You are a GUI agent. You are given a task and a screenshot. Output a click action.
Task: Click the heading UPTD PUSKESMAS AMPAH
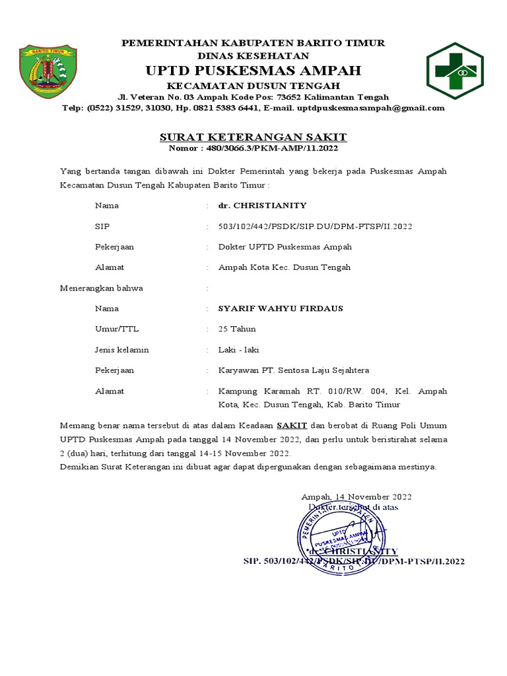pyautogui.click(x=253, y=71)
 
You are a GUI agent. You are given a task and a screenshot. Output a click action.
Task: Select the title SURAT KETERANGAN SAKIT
pyautogui.click(x=253, y=137)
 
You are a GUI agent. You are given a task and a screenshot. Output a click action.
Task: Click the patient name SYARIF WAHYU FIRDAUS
pyautogui.click(x=281, y=308)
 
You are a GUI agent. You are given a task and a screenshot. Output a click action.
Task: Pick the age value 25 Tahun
pyautogui.click(x=237, y=329)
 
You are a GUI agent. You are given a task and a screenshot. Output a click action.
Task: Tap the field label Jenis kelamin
pyautogui.click(x=121, y=349)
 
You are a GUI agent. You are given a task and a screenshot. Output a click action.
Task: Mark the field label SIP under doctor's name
pyautogui.click(x=102, y=226)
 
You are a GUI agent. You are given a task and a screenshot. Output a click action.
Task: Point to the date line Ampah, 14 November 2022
pyautogui.click(x=356, y=496)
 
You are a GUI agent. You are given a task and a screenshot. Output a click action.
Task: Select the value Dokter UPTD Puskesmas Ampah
pyautogui.click(x=285, y=247)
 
